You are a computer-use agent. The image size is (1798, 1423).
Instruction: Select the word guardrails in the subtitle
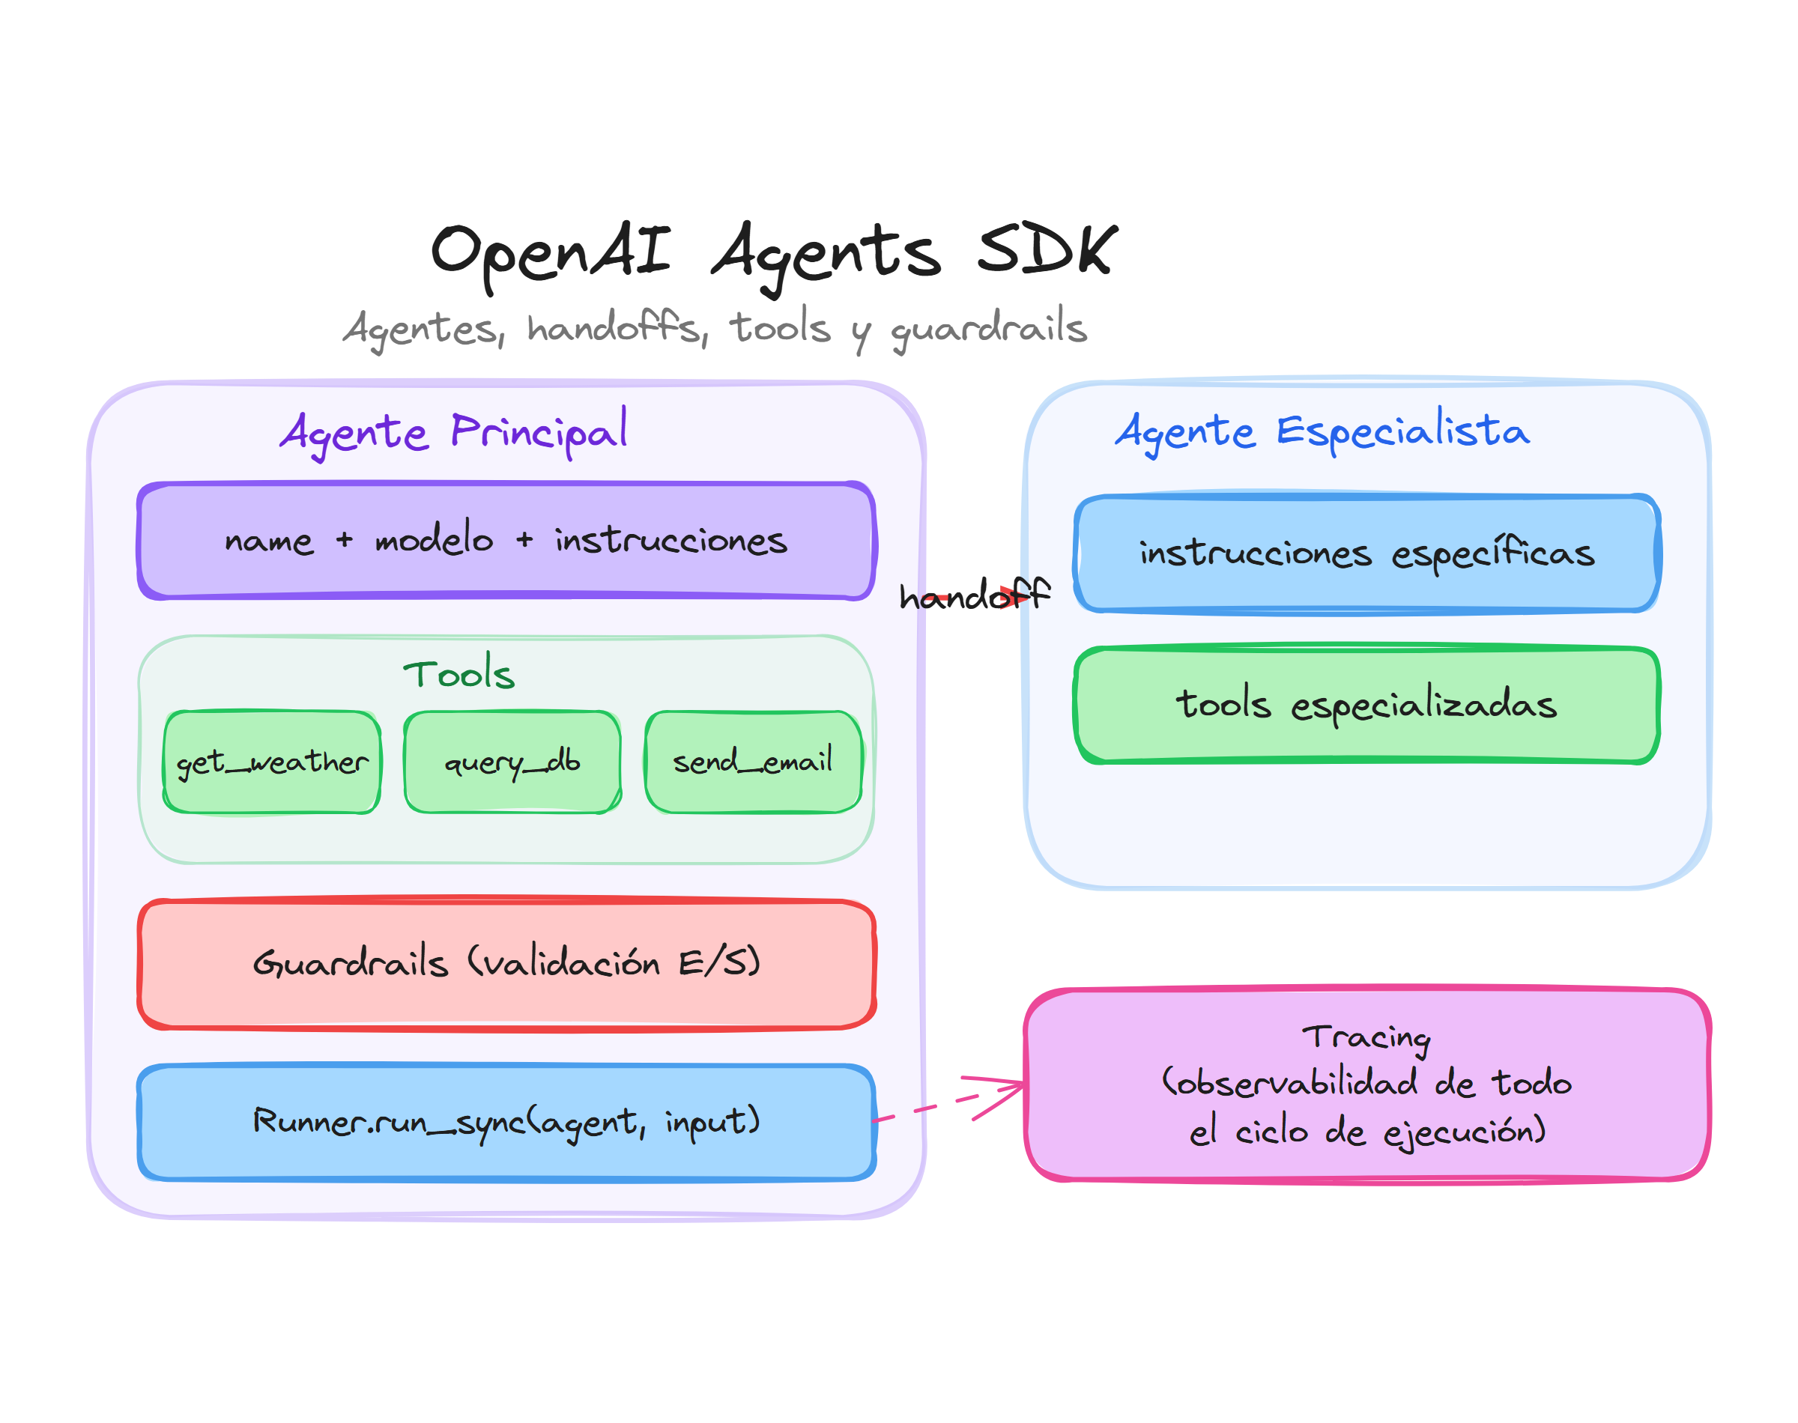click(988, 327)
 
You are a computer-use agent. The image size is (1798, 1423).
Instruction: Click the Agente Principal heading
click(454, 431)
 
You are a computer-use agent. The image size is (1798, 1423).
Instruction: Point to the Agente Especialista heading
click(1322, 431)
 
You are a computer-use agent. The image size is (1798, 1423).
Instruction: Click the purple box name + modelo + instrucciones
click(506, 541)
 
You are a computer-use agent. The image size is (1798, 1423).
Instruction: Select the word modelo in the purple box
click(434, 539)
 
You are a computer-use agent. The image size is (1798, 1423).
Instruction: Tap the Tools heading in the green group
click(459, 673)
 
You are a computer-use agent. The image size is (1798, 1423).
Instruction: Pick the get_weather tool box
click(272, 762)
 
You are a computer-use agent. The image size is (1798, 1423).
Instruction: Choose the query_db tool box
click(512, 762)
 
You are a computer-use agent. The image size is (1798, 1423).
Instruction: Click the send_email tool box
click(752, 762)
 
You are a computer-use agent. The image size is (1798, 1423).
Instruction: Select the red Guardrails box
click(506, 964)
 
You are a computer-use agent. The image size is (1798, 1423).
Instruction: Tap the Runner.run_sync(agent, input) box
click(506, 1121)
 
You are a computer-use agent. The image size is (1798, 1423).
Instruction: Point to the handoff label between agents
click(973, 595)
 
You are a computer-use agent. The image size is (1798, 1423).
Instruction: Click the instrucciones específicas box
click(1366, 553)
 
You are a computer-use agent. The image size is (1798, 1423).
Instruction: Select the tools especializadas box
click(1366, 704)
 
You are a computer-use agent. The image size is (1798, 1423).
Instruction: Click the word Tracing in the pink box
click(1366, 1037)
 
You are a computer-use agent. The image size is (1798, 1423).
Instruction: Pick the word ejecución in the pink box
click(1464, 1132)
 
